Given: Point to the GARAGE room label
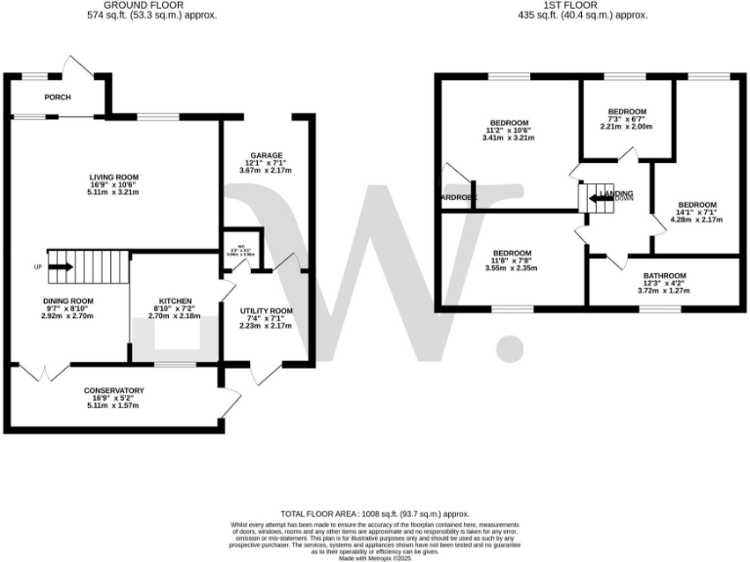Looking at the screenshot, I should coord(266,156).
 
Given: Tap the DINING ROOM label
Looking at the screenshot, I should coord(67,301).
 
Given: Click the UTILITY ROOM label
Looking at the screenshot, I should coord(266,311).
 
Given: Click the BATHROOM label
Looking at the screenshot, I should coord(663,276).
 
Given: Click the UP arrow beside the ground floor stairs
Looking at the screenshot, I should coord(60,265).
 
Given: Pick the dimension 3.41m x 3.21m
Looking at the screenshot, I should coord(509,138).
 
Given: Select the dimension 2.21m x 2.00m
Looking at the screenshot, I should coord(626,127).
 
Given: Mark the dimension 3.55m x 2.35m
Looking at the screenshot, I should coord(512,268).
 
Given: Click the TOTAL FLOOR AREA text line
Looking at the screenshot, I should coord(375,513).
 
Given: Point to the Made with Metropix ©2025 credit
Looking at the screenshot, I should coord(375,556).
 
